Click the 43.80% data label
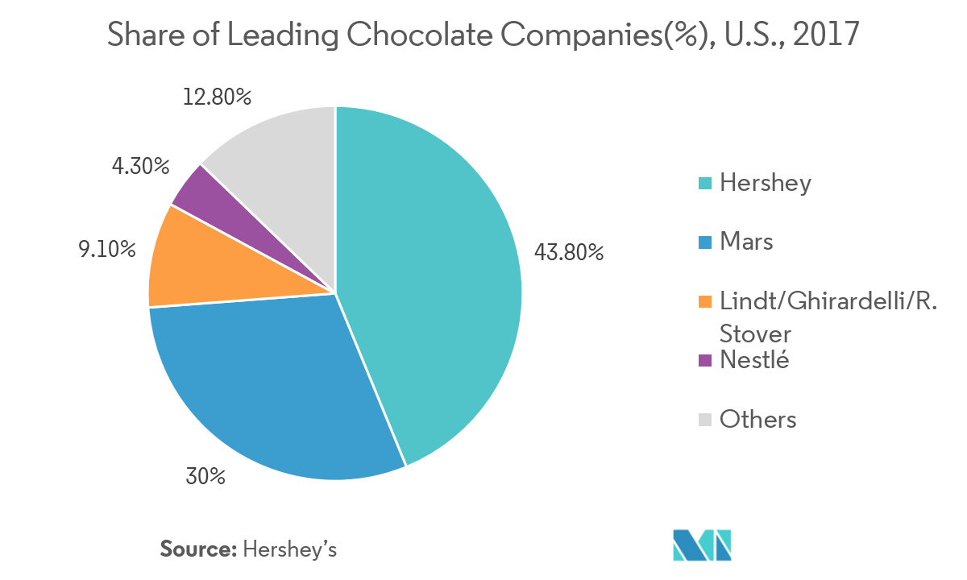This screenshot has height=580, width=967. pos(568,252)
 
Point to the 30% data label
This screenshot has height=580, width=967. pos(205,476)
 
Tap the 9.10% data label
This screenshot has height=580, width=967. pos(106,250)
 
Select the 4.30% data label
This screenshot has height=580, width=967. pos(140,167)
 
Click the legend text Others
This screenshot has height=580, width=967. pos(757,420)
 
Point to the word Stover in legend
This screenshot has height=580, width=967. pos(755,333)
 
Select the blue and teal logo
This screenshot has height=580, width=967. pos(703,545)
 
